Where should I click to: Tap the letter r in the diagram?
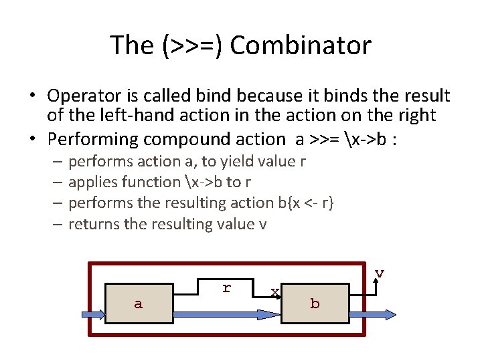pos(226,288)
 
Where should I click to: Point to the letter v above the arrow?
pos(379,273)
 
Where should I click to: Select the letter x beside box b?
pos(274,292)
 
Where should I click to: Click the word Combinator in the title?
pos(301,45)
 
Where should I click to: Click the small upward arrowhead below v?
pos(378,283)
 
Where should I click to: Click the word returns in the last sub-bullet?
pos(94,224)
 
